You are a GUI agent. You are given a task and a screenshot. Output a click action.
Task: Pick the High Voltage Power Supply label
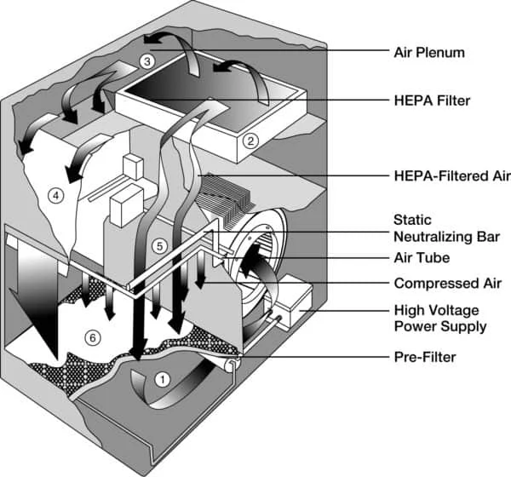tap(439, 318)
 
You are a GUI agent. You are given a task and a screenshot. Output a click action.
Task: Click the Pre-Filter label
tap(424, 358)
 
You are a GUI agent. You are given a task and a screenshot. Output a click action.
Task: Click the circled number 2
tap(250, 141)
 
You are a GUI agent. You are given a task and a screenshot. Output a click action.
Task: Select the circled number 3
tap(146, 61)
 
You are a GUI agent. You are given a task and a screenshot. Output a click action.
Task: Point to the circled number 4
tap(56, 196)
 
